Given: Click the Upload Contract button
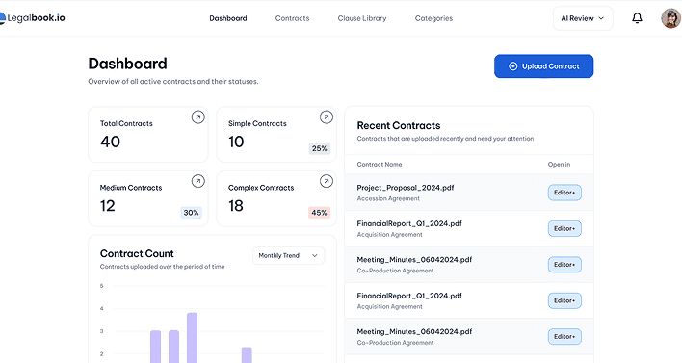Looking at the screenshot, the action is [x=543, y=66].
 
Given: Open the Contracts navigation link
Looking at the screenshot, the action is [x=292, y=18].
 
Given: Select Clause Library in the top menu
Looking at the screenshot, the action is [x=362, y=18].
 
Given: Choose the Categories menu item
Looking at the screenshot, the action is [x=433, y=18].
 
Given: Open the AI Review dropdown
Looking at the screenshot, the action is [x=583, y=18].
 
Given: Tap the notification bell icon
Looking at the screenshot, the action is [x=637, y=18].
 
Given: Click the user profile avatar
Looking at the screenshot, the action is [x=671, y=18].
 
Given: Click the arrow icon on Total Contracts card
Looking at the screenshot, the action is [x=197, y=117].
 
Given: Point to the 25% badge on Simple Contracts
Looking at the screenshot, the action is [x=319, y=148].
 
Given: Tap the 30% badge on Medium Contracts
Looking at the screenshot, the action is [x=191, y=213].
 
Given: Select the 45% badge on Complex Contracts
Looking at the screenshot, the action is [x=319, y=213].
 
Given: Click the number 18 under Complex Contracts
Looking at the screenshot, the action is [x=236, y=206].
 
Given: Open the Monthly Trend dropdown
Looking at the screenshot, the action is [x=288, y=255].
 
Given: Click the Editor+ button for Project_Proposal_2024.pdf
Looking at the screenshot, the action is [x=564, y=193].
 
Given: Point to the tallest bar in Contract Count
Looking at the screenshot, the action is [x=193, y=338].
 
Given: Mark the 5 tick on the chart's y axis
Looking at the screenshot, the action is [x=102, y=286].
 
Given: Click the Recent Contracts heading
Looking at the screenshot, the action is [x=399, y=125].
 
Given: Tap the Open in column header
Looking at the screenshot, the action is [x=559, y=165].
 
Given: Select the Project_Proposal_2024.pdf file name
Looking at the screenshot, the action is [x=406, y=188].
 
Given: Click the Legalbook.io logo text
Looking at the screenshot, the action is [x=36, y=18].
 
